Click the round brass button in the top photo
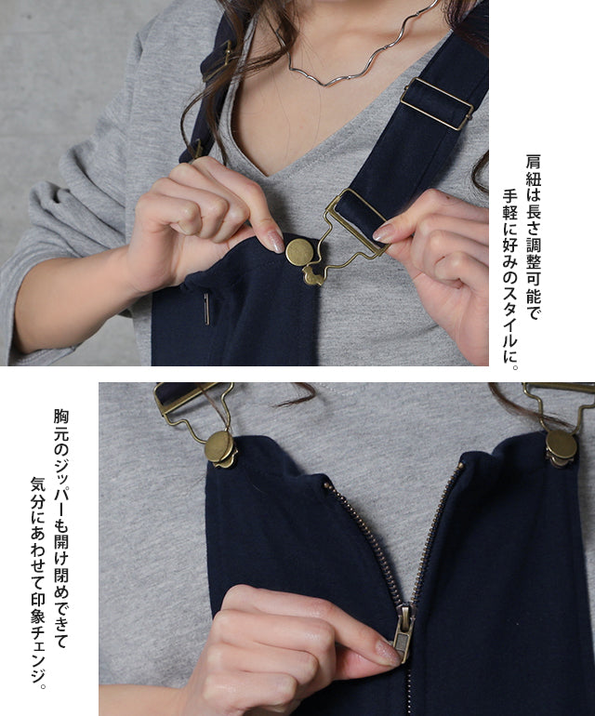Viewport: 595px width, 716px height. coord(299,252)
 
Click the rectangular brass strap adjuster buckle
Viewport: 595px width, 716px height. coord(437,104)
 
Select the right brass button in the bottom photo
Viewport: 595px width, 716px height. coord(562,444)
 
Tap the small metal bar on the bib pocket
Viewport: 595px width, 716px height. coord(207,309)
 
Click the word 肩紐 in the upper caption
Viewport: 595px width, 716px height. coord(533,171)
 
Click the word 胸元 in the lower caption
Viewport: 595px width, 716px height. coord(61,425)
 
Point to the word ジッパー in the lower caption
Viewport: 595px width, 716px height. coord(61,488)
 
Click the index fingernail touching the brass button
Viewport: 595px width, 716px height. coord(276,241)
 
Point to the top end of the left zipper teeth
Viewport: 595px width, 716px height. coord(326,485)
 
